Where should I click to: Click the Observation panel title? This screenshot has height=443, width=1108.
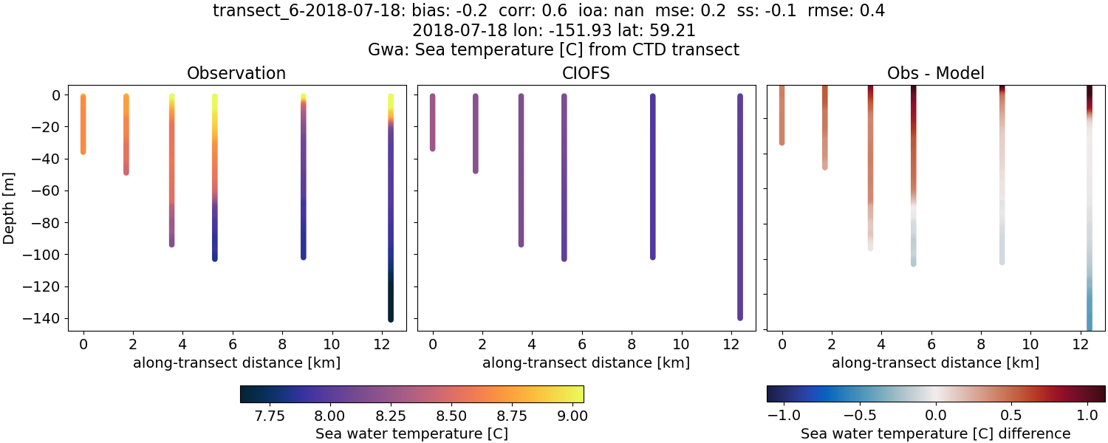pyautogui.click(x=236, y=73)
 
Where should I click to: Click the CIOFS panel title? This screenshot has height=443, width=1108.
pyautogui.click(x=586, y=73)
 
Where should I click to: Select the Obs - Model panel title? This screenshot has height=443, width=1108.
pyautogui.click(x=935, y=73)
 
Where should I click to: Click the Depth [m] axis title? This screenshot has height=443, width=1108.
pyautogui.click(x=10, y=206)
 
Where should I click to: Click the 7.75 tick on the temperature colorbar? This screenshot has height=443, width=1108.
pyautogui.click(x=270, y=416)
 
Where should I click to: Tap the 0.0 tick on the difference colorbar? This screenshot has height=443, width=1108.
pyautogui.click(x=936, y=416)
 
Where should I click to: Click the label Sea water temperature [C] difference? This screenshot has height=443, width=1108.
pyautogui.click(x=935, y=433)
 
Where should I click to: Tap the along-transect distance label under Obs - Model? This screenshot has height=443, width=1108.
pyautogui.click(x=935, y=363)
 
